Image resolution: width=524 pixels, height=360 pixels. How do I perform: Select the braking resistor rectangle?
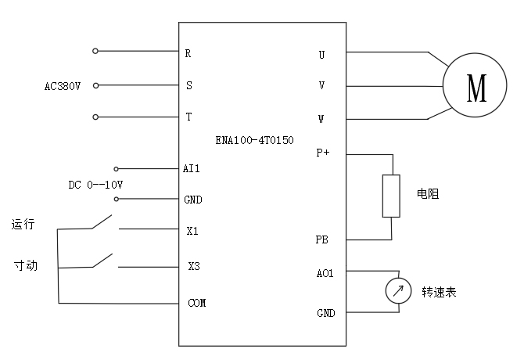pos(391,196)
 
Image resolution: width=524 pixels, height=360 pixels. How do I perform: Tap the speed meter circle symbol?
pos(398,292)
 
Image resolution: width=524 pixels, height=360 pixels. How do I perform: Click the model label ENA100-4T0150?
pos(254,140)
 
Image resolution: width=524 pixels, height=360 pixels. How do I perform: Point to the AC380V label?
pos(63,85)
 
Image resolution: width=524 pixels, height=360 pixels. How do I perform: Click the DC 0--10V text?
pos(95,185)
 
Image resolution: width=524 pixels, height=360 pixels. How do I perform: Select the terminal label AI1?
pos(192,168)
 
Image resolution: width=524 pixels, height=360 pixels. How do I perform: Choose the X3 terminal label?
pos(193,266)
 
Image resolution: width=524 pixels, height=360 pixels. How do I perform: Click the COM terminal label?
pos(197,303)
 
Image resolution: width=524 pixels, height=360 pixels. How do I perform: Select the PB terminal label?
pos(321,239)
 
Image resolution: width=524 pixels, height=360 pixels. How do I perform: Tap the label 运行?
pos(23,225)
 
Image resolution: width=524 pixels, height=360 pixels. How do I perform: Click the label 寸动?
pos(25,265)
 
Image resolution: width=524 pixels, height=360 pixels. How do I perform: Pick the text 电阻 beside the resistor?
pos(428,193)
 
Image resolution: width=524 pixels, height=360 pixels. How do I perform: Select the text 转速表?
pos(439,292)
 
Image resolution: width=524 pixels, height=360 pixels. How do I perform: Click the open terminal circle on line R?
pos(95,52)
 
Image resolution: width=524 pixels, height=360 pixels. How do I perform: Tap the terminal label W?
pos(321,120)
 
